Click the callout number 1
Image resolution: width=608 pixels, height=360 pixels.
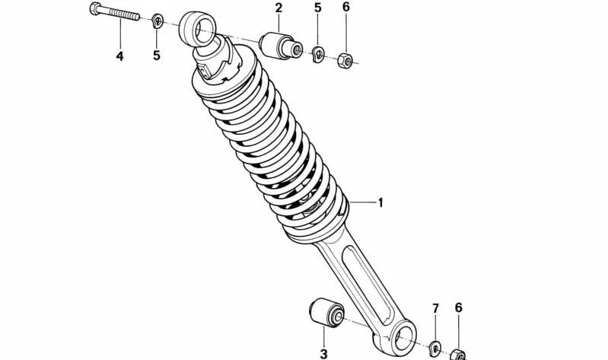[380, 202]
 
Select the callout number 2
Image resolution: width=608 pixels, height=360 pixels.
[279, 8]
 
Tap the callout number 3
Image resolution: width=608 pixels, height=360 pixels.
[323, 354]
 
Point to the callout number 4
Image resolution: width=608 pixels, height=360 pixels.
[119, 56]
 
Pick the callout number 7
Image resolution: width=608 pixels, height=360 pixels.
[435, 309]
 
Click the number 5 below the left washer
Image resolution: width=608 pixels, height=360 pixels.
[156, 56]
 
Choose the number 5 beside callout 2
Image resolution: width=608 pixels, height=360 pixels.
[318, 8]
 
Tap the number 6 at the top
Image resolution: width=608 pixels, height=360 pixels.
[346, 7]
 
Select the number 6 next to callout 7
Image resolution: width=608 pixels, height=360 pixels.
[458, 308]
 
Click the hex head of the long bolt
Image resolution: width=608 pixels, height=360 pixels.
[95, 8]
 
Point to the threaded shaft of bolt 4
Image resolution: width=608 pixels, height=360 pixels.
[120, 14]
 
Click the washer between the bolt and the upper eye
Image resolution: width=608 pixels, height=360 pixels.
[157, 21]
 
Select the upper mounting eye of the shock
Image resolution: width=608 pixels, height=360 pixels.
[196, 29]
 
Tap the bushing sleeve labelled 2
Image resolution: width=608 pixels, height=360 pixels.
[280, 46]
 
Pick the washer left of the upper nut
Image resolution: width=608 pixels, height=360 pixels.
[319, 54]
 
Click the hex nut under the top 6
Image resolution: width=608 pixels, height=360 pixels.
[344, 60]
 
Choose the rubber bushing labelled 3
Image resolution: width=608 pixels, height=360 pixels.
[326, 313]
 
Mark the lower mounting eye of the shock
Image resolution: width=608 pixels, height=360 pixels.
[403, 337]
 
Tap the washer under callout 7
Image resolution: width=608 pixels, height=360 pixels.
[436, 348]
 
